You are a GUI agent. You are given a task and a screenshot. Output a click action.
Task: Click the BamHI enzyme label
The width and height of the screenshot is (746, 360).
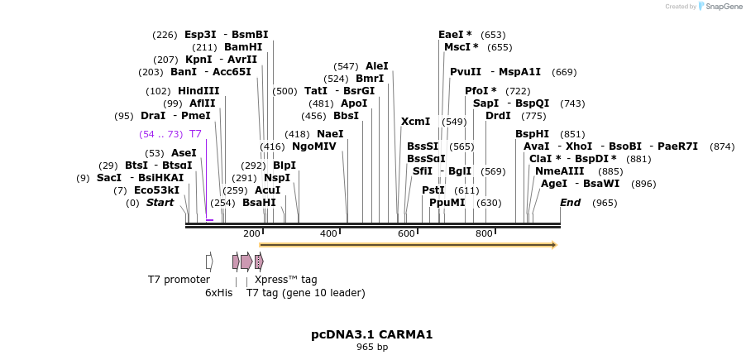(x=243, y=47)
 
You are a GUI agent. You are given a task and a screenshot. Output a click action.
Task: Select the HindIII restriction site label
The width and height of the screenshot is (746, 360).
(x=198, y=91)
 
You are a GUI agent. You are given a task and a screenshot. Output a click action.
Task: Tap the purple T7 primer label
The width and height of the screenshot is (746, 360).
(x=195, y=134)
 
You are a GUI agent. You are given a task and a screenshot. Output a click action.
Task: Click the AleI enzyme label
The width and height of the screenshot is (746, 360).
(x=376, y=66)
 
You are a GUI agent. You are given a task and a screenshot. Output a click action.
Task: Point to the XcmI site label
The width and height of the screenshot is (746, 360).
(x=415, y=122)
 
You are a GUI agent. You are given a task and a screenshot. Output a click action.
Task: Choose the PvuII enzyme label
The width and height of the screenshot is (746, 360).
(x=466, y=72)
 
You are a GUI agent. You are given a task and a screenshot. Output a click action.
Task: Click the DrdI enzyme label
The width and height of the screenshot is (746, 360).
(x=498, y=116)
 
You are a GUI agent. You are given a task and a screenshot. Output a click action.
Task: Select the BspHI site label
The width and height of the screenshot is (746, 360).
(x=532, y=134)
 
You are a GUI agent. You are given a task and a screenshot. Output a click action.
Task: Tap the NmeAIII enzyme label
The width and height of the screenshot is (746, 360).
(x=559, y=171)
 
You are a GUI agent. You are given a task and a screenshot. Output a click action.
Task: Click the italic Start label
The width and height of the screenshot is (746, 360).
(x=160, y=203)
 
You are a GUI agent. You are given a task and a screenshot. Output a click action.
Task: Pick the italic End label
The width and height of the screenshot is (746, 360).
(x=570, y=203)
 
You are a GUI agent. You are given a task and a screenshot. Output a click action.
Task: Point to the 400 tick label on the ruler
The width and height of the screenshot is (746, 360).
(x=328, y=234)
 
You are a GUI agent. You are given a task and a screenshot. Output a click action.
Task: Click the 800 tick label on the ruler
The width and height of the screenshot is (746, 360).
(x=484, y=234)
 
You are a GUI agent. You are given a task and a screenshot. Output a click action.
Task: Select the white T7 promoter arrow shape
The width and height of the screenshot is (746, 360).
(x=209, y=262)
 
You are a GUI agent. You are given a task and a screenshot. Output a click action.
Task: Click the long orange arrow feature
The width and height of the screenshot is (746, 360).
(x=408, y=245)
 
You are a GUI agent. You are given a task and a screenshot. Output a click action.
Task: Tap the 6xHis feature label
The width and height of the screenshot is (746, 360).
(x=218, y=293)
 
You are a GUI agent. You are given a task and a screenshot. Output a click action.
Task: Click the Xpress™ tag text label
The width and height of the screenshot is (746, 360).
(x=285, y=280)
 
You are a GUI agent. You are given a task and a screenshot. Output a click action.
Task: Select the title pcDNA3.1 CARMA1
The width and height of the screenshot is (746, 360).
(x=371, y=335)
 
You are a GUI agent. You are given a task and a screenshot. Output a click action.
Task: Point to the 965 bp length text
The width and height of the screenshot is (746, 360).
(x=371, y=348)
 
